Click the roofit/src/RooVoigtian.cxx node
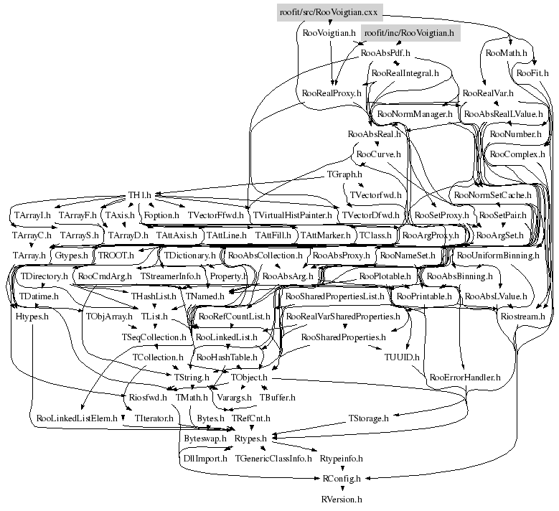pyautogui.click(x=330, y=12)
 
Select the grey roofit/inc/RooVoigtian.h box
pyautogui.click(x=409, y=33)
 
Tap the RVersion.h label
pyautogui.click(x=341, y=497)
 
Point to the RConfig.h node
pyautogui.click(x=340, y=478)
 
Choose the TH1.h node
pyautogui.click(x=141, y=194)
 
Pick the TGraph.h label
pyautogui.click(x=344, y=174)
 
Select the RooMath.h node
pyautogui.click(x=506, y=53)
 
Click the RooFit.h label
pyautogui.click(x=532, y=73)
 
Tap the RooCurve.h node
pyautogui.click(x=378, y=154)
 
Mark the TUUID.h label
pyautogui.click(x=402, y=356)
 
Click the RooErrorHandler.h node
pyautogui.click(x=464, y=376)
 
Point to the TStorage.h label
pyautogui.click(x=368, y=417)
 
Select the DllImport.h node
pyautogui.click(x=205, y=458)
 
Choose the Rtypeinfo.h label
pyautogui.click(x=342, y=458)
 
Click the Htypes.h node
pyautogui.click(x=32, y=316)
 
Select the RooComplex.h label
pyautogui.click(x=517, y=154)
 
